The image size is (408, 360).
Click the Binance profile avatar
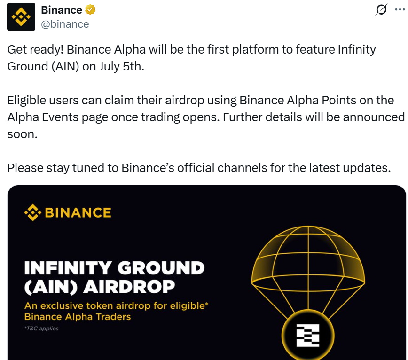pyautogui.click(x=21, y=17)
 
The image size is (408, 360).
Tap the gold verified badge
pyautogui.click(x=90, y=10)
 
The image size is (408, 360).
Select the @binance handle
pyautogui.click(x=65, y=24)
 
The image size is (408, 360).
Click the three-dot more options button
pyautogui.click(x=400, y=9)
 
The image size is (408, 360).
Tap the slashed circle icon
pyautogui.click(x=381, y=9)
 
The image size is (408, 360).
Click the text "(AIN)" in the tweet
pyautogui.click(x=65, y=67)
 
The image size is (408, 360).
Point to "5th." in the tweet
pyautogui.click(x=133, y=66)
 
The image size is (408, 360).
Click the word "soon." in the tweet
pyautogui.click(x=23, y=134)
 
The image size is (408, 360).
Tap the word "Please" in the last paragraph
pyautogui.click(x=25, y=168)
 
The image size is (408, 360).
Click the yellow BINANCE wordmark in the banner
pyautogui.click(x=78, y=212)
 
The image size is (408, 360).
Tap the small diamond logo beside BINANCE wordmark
pyautogui.click(x=33, y=212)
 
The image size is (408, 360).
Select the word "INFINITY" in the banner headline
pyautogui.click(x=68, y=268)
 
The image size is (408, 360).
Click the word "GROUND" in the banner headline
pyautogui.click(x=161, y=268)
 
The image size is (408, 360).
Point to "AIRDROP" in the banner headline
pyautogui.click(x=129, y=287)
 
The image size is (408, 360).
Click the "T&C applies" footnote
pyautogui.click(x=42, y=329)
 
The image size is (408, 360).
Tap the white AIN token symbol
pyautogui.click(x=308, y=336)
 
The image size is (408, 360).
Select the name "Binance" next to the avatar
pyautogui.click(x=62, y=10)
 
